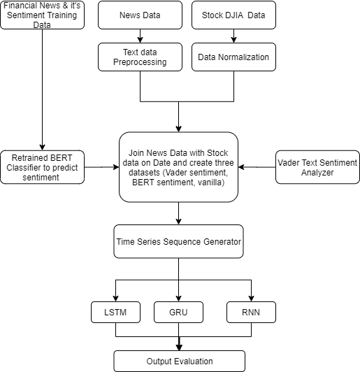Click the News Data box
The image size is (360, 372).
pos(140,15)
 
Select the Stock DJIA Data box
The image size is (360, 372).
pos(233,15)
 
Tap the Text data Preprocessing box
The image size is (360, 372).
pos(140,57)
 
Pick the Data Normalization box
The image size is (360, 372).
pos(233,57)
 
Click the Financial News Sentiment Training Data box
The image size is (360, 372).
pos(42,15)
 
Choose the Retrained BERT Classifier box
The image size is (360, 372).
pos(42,167)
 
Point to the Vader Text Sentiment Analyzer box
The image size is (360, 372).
pos(317,167)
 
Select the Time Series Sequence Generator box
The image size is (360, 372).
pos(179,241)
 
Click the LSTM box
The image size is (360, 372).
pos(115,312)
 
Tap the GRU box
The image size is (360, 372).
pos(178,312)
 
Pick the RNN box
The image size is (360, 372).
pos(251,312)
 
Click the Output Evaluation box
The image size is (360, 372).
pos(179,361)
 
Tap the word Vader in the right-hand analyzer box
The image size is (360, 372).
pos(291,163)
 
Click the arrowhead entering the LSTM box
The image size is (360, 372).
pos(115,299)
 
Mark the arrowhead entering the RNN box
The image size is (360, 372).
pos(251,299)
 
